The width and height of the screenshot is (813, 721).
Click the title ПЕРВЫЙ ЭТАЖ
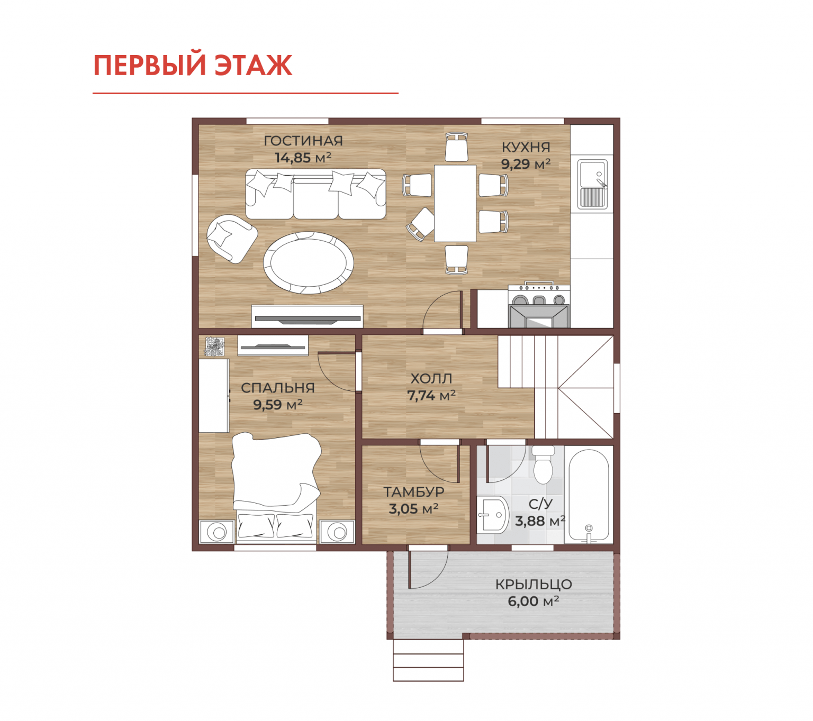pos(192,65)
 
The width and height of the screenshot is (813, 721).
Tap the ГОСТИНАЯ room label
pos(303,141)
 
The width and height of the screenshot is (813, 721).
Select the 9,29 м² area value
pos(525,164)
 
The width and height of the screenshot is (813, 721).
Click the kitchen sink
pos(592,184)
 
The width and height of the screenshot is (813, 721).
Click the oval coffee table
pos(308,263)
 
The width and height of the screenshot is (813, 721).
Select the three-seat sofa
pos(315,194)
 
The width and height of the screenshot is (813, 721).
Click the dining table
pos(455,203)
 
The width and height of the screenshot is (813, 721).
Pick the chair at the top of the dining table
pos(456,147)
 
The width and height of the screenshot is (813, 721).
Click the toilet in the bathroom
pos(543,465)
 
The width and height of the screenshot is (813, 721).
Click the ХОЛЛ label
pos(431,379)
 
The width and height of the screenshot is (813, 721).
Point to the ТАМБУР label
pos(414,491)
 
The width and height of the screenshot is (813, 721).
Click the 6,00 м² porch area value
pos(534,601)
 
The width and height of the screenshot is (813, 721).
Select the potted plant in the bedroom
pos(215,346)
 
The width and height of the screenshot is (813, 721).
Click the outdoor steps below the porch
pos(428,660)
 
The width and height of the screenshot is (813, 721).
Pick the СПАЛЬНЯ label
pos(278,388)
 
